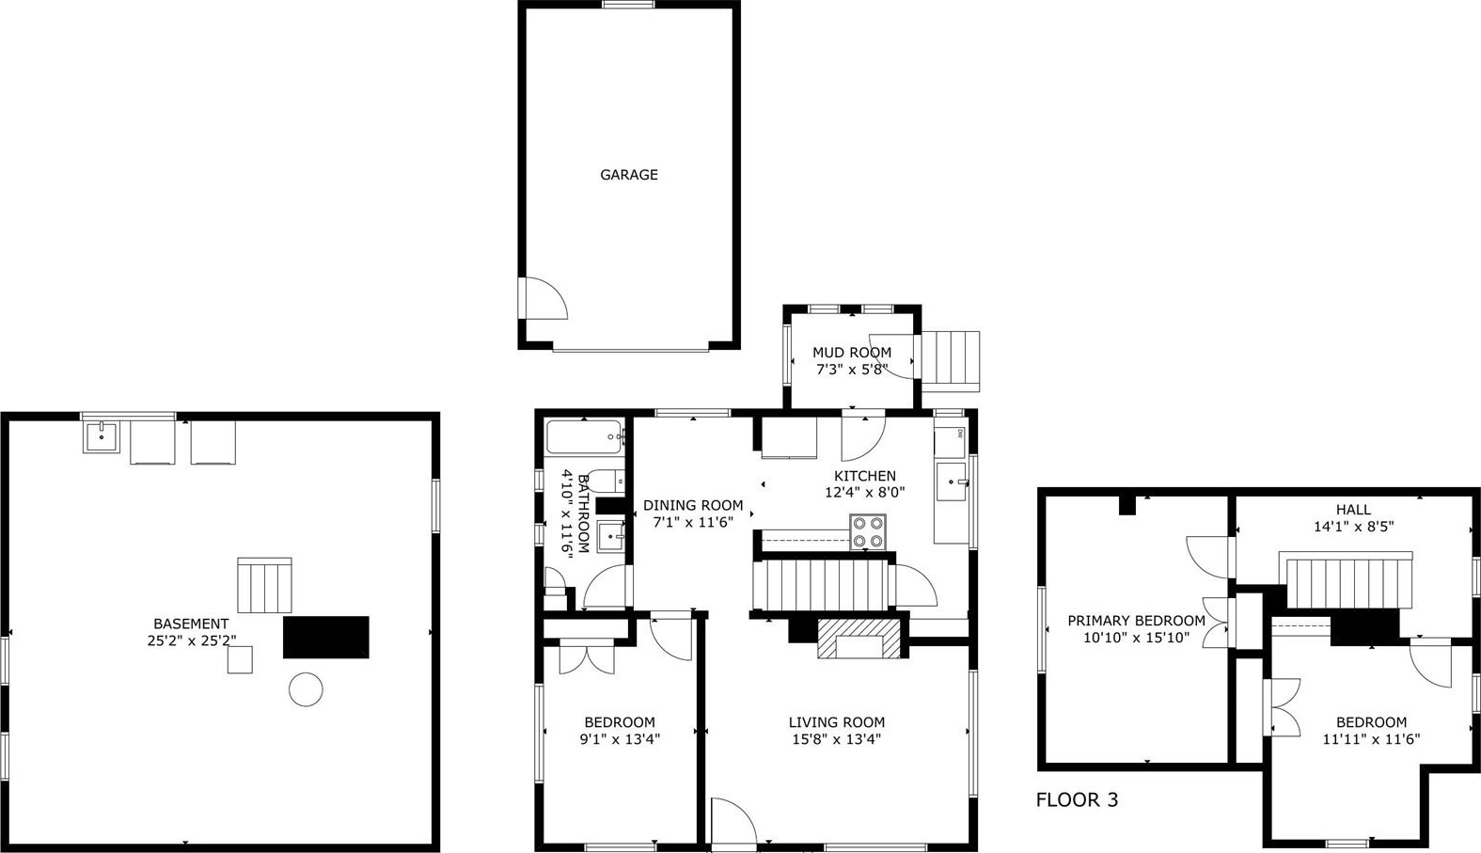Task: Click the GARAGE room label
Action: coord(629,175)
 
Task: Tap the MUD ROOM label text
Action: coord(852,353)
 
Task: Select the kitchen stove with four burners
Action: coord(868,531)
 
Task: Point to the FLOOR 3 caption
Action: coord(1077,800)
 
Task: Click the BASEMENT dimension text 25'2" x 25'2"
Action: coord(192,640)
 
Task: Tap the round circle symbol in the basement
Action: coord(307,689)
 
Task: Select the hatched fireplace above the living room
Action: coord(859,639)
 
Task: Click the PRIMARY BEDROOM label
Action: coord(1137,621)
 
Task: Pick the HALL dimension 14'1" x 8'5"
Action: coord(1353,527)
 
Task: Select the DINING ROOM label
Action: coord(693,506)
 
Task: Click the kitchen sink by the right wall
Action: coord(952,482)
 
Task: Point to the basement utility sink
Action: coord(102,436)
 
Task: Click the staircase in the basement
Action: coord(264,585)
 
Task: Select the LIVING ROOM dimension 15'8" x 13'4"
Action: coord(836,739)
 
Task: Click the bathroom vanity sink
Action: coord(611,536)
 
